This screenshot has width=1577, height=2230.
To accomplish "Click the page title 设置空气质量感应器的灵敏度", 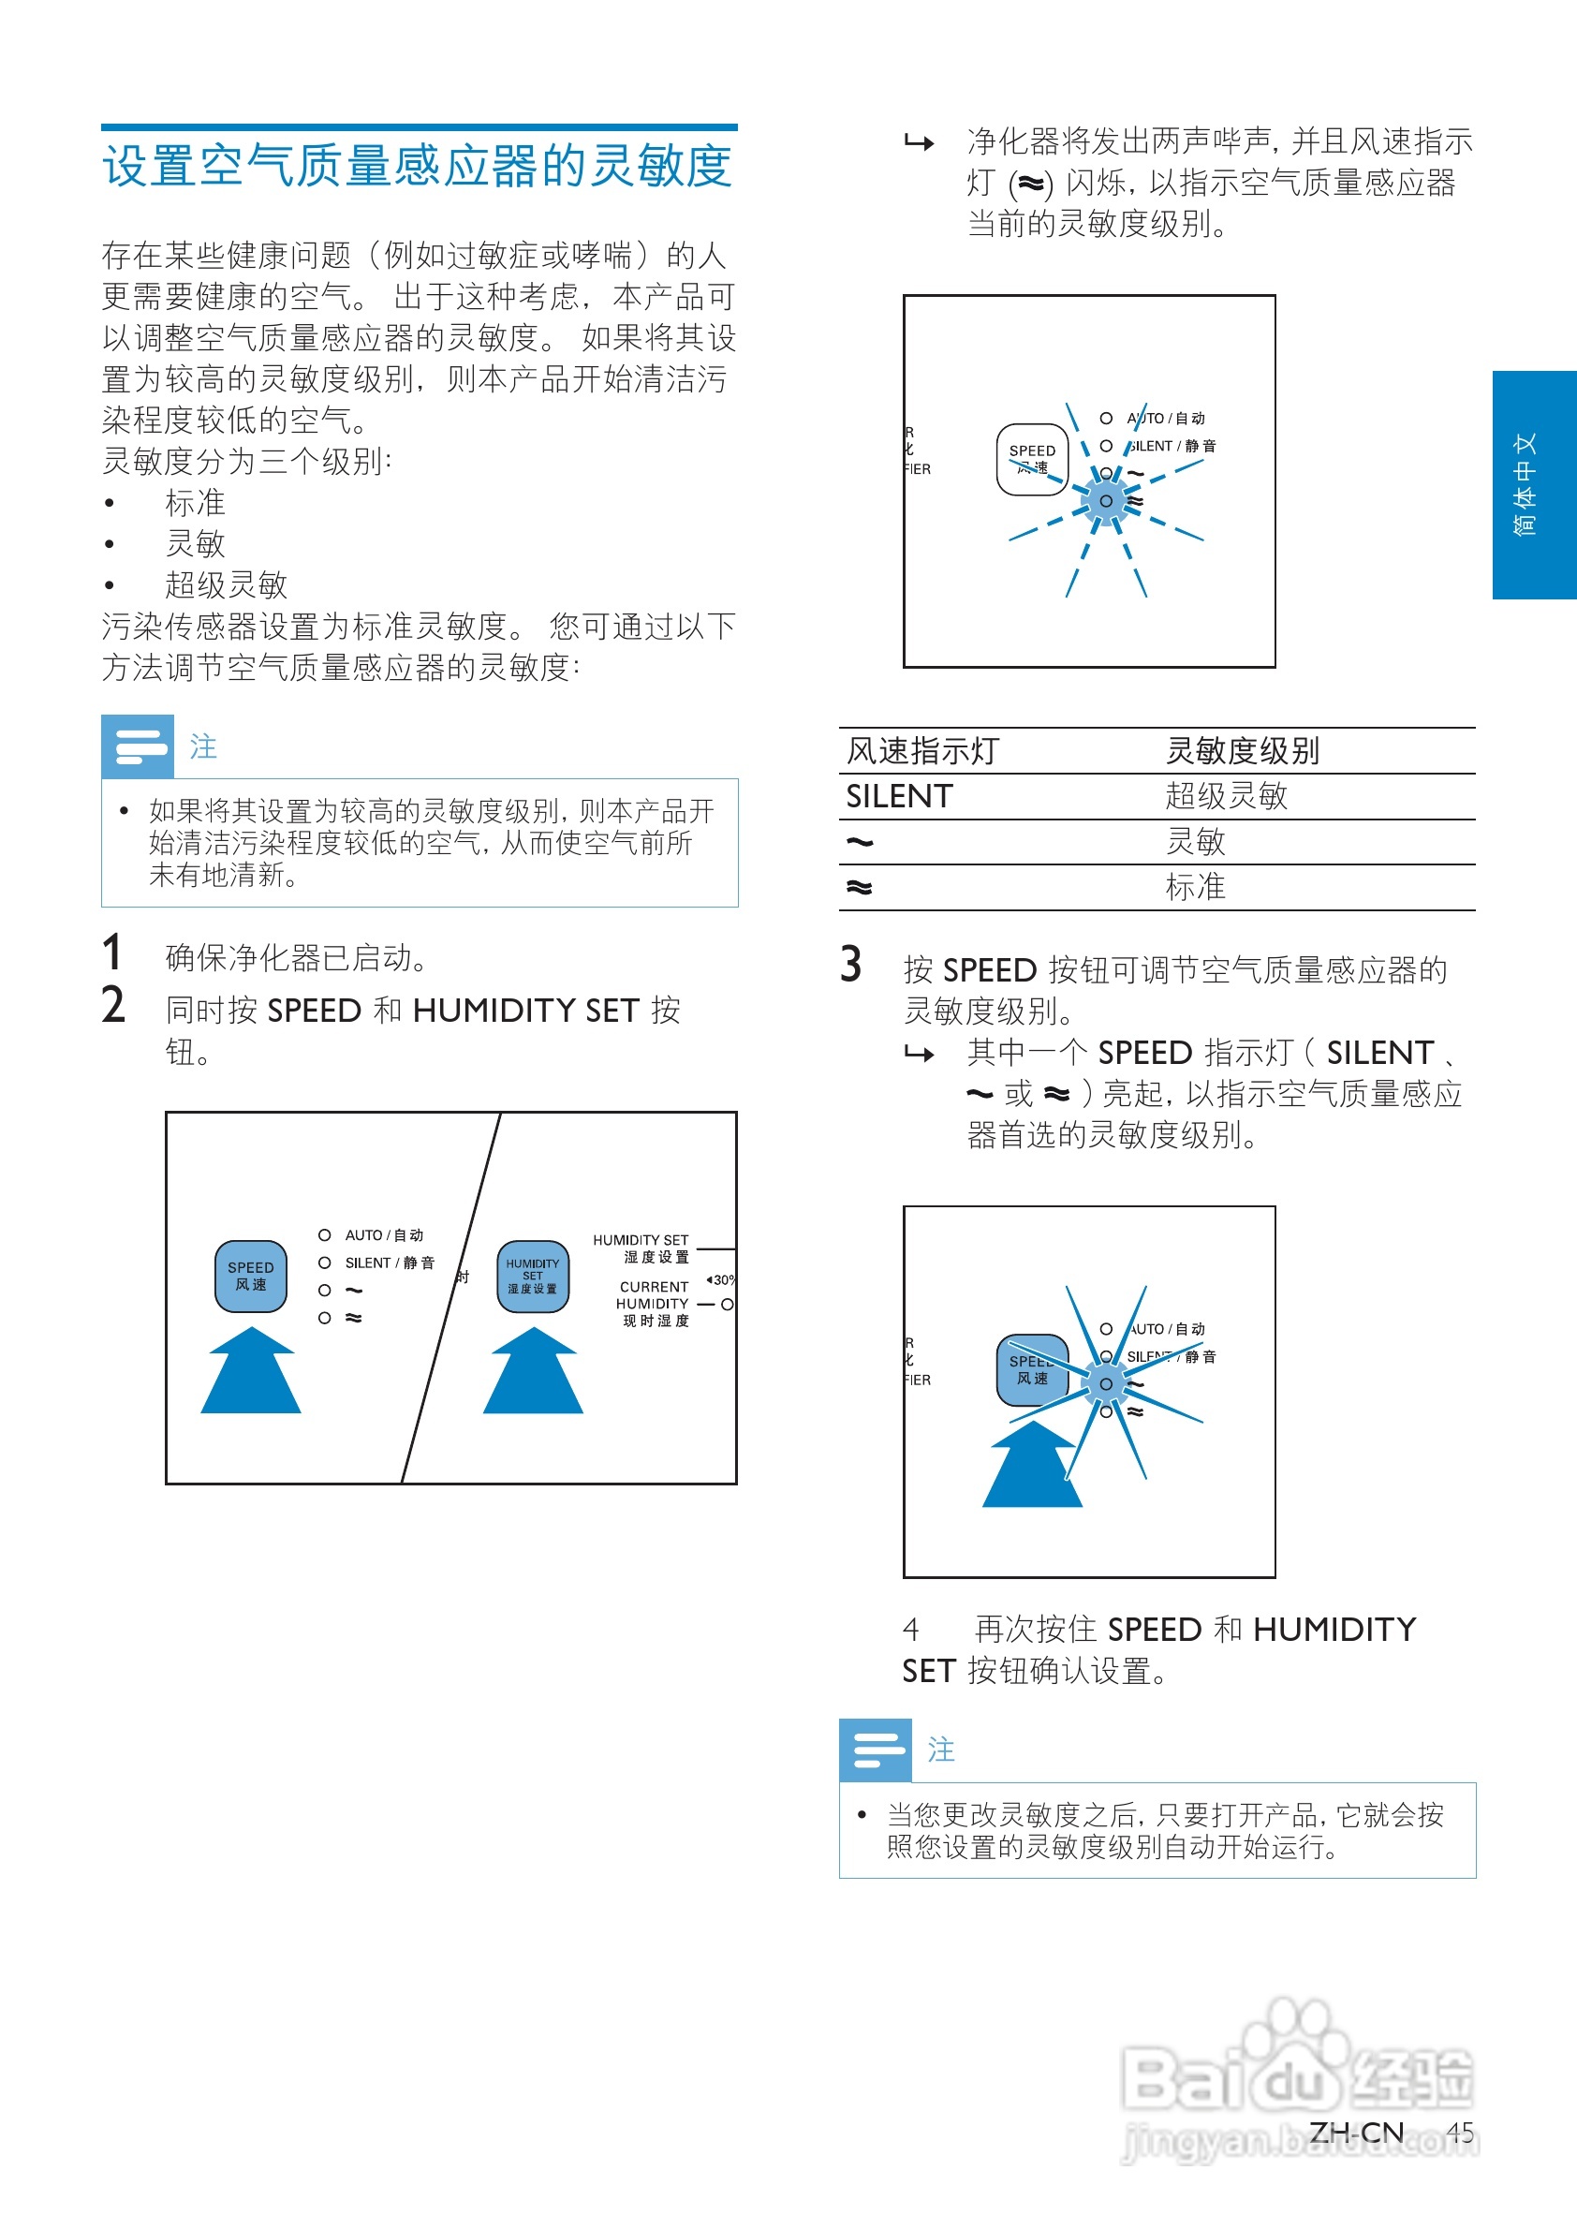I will click(x=418, y=165).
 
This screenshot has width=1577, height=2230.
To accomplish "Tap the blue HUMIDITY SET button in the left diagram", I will click(x=532, y=1277).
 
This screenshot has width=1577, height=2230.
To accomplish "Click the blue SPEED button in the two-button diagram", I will click(x=251, y=1277).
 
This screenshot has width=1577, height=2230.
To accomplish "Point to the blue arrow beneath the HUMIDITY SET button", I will click(x=532, y=1374).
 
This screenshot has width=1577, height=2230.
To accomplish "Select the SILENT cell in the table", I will click(x=899, y=796).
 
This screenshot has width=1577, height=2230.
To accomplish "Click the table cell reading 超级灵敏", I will click(x=1226, y=796).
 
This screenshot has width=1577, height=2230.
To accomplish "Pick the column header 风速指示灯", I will click(x=922, y=751).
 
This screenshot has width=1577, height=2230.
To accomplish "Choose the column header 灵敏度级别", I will click(x=1241, y=751).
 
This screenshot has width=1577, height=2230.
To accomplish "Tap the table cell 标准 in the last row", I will click(x=1194, y=887).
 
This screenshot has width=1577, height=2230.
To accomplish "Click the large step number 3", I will click(x=850, y=965).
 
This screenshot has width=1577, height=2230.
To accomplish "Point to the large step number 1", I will click(x=112, y=953).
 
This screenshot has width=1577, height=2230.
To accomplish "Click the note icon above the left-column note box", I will click(x=138, y=746).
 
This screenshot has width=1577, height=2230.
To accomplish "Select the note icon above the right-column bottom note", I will click(x=875, y=1750).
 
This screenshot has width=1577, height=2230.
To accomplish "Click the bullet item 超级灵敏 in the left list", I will click(x=226, y=584).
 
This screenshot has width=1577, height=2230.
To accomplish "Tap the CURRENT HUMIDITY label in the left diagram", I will click(x=654, y=1303).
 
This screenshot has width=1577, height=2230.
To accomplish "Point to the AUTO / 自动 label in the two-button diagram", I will click(x=384, y=1235).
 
